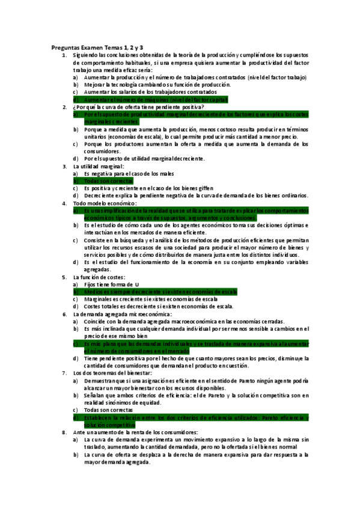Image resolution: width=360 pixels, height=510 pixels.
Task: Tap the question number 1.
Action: click(64, 55)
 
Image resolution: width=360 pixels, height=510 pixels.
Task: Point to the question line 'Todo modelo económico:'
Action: click(105, 203)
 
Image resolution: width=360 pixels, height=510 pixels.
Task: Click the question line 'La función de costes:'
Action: click(100, 277)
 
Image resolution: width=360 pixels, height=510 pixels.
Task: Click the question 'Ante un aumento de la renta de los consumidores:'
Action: click(139, 432)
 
